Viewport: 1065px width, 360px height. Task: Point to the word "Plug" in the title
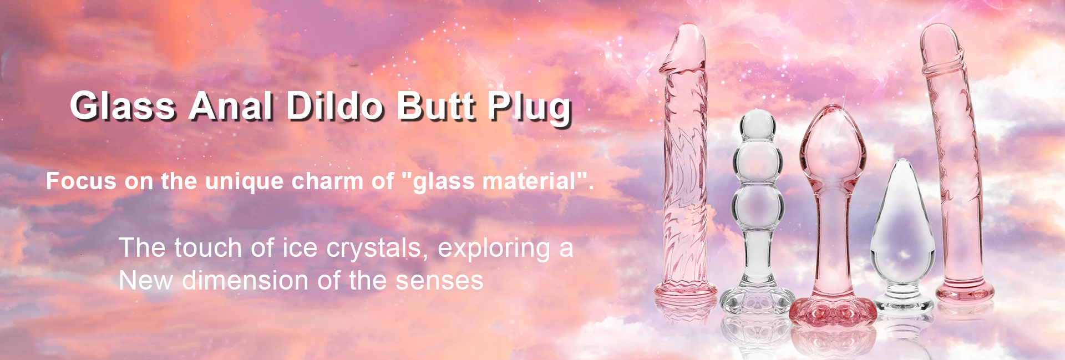pos(530,108)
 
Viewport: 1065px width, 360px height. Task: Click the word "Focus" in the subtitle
pos(81,181)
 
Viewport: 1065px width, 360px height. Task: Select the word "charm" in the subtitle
pos(326,181)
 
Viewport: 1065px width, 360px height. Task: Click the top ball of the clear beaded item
pos(758,124)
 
